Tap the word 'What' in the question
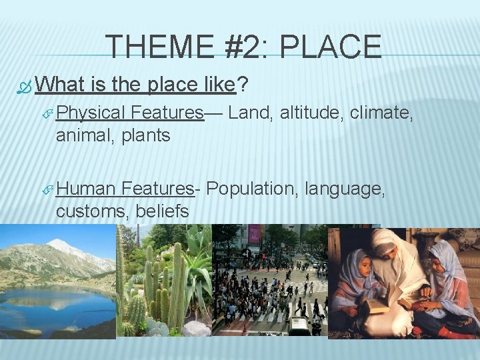point(61,85)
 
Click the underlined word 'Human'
point(85,189)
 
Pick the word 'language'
point(344,189)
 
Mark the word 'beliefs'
point(162,211)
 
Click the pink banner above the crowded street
point(254,233)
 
